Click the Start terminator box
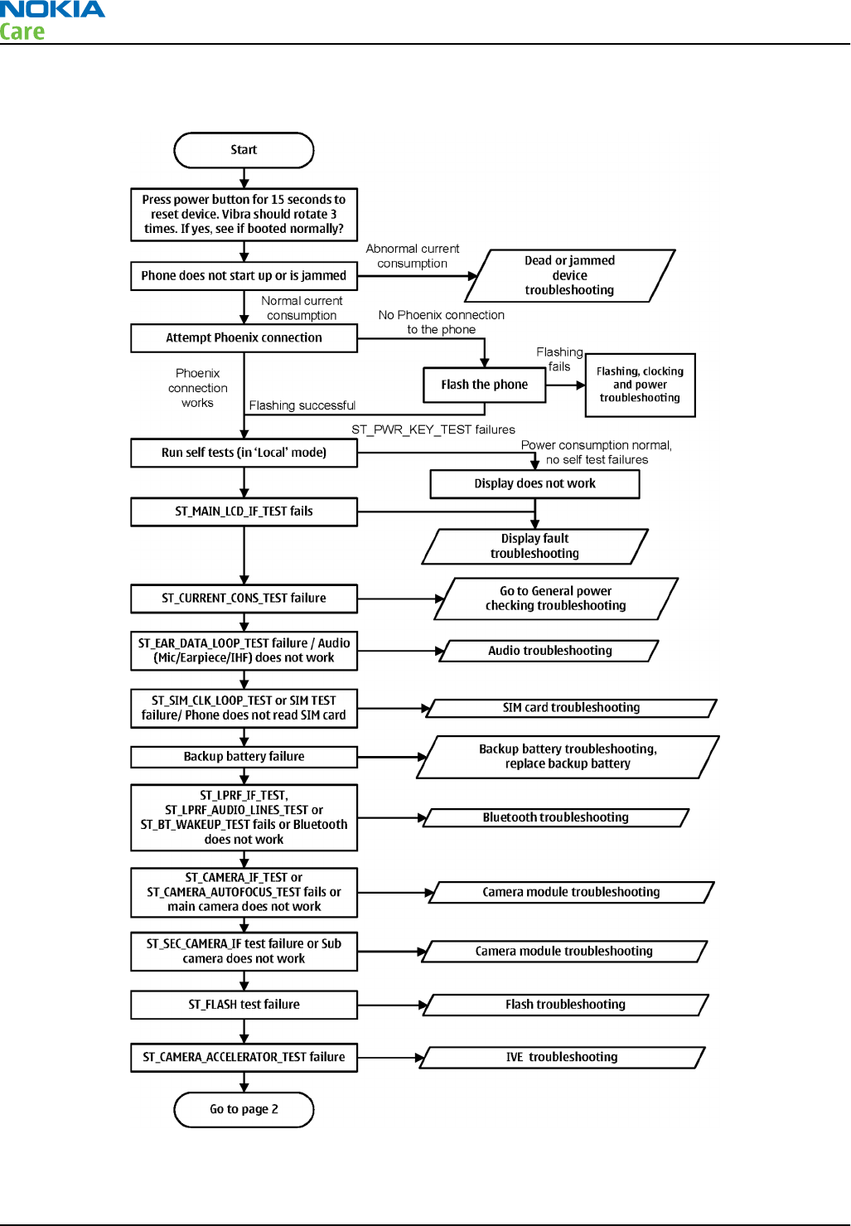(244, 150)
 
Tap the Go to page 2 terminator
(244, 1109)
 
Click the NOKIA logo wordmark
(52, 9)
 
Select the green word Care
(22, 31)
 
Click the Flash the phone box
(484, 385)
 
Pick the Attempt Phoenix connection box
(244, 337)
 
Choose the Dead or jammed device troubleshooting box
(570, 275)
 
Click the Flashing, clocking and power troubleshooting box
(640, 385)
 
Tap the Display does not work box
(534, 484)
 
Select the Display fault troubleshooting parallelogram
(534, 546)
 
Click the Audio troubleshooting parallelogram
(549, 651)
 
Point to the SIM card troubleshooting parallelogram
(571, 708)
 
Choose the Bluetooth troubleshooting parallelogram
(555, 817)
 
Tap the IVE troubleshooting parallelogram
(562, 1058)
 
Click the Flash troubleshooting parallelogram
(565, 1005)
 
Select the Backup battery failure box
(244, 757)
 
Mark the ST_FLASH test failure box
(244, 1005)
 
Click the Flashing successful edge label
(302, 405)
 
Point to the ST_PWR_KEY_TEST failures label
(433, 429)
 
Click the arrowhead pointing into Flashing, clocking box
(581, 385)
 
